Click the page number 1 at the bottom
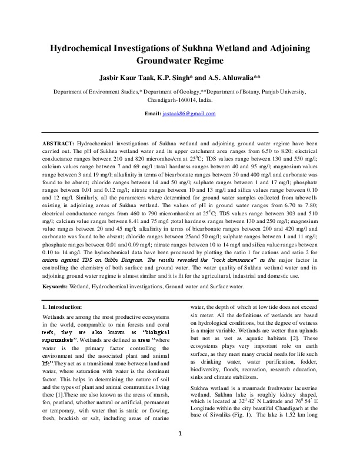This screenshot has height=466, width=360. [180, 450]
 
